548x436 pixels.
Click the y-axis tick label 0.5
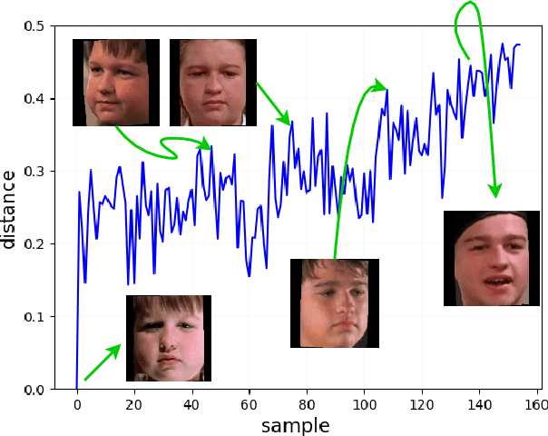[35, 26]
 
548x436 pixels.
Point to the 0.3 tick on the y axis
[35, 172]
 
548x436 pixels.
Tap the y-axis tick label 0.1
[35, 317]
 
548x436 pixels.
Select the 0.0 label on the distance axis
[35, 390]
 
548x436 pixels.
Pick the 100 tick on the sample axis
[365, 405]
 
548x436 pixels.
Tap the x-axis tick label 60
[250, 405]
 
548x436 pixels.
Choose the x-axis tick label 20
[134, 405]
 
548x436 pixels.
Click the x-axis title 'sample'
[295, 425]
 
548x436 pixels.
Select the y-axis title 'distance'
[10, 208]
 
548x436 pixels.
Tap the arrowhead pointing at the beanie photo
[495, 192]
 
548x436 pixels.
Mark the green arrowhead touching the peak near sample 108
[380, 86]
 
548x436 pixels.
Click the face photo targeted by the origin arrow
[168, 338]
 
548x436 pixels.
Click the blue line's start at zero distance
[77, 388]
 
